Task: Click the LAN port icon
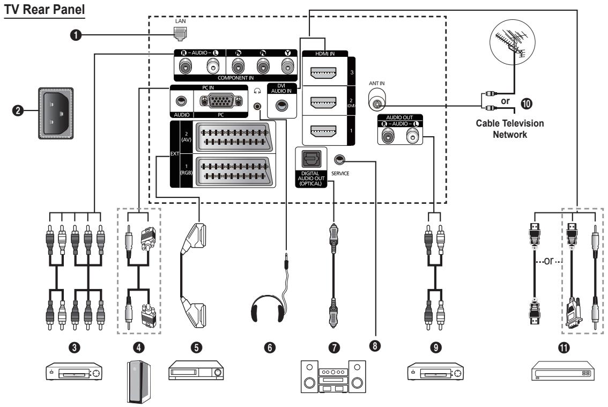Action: pos(180,34)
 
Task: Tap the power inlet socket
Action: pos(56,113)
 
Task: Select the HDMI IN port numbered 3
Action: pos(324,72)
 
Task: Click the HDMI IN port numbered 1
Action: pos(324,131)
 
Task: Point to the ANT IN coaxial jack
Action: pos(377,100)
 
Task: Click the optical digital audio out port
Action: pos(311,159)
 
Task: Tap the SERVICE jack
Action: pos(339,159)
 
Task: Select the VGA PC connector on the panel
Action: pos(221,101)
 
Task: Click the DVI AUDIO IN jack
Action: pos(282,106)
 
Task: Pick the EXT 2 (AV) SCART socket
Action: pos(234,137)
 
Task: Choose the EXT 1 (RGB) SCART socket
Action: pos(234,171)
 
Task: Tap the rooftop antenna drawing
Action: pos(512,41)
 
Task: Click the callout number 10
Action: pos(526,103)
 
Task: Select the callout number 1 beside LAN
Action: pos(76,35)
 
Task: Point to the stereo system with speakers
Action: pos(333,377)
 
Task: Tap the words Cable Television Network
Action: pos(510,129)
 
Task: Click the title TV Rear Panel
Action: pos(44,9)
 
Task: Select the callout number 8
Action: pos(375,345)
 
